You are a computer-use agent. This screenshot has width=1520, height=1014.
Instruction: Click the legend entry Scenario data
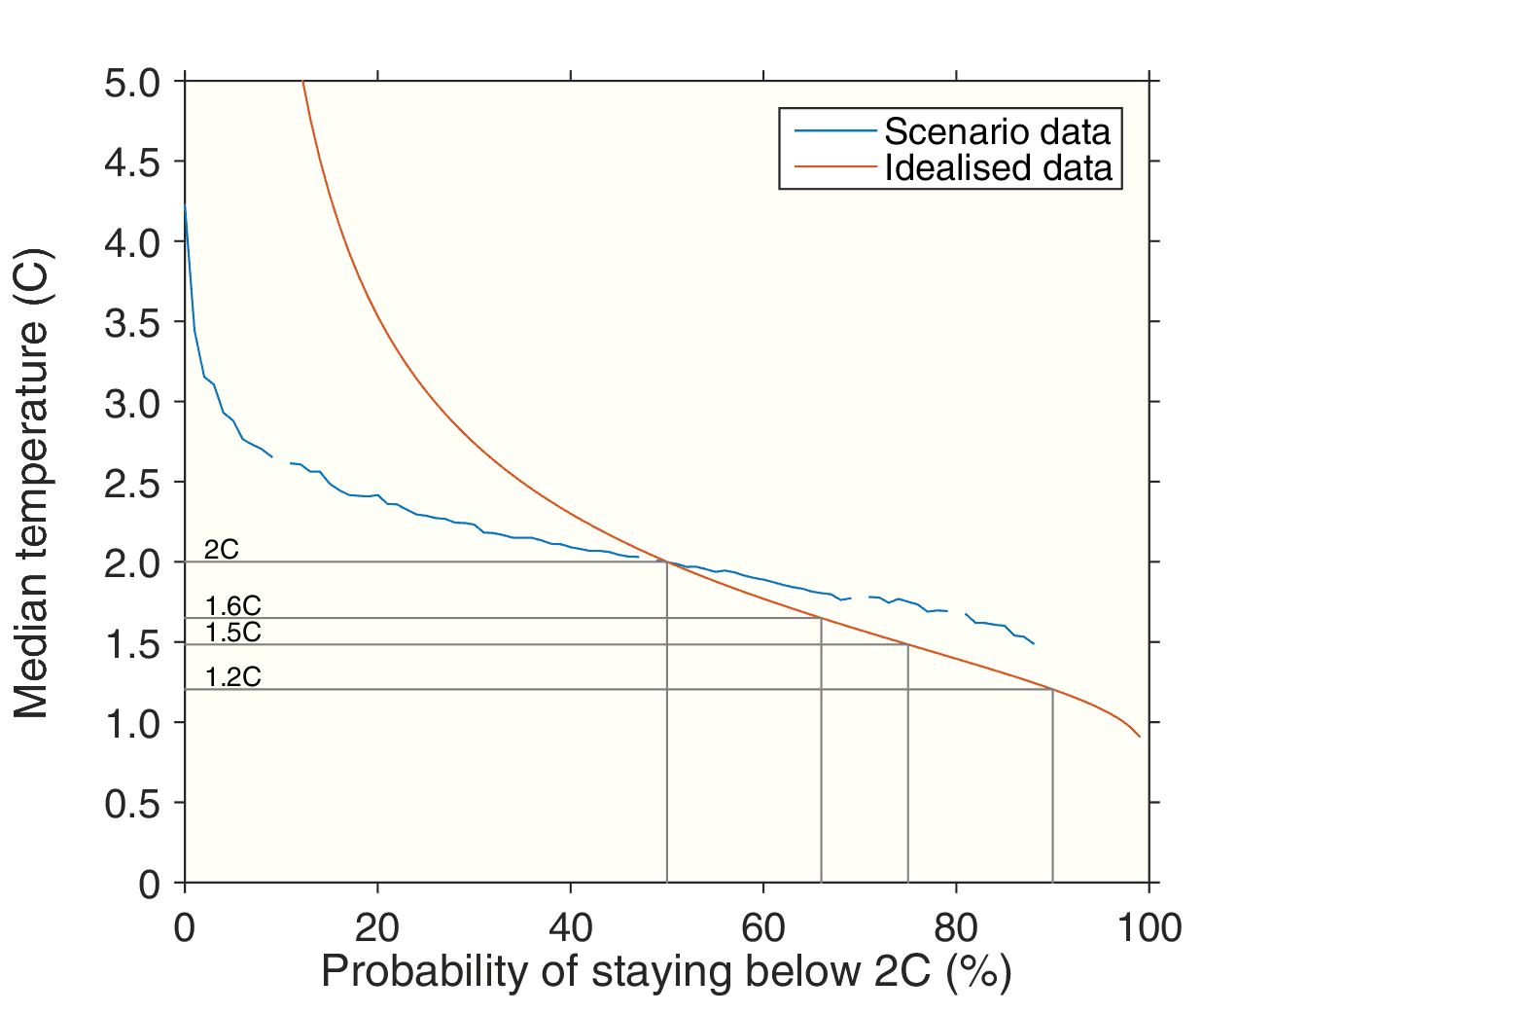click(x=997, y=131)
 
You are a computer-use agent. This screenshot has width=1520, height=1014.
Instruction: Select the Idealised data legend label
click(x=998, y=168)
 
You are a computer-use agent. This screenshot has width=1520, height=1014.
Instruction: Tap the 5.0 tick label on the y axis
click(x=132, y=83)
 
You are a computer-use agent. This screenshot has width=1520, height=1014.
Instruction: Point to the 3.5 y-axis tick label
click(x=132, y=323)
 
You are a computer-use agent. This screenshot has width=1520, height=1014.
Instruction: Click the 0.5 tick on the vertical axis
click(x=132, y=804)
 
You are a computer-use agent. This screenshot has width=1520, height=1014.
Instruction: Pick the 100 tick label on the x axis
click(x=1149, y=928)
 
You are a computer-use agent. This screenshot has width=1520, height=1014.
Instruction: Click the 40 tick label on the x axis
click(x=570, y=928)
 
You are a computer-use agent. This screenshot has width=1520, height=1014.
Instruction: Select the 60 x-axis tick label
click(x=763, y=928)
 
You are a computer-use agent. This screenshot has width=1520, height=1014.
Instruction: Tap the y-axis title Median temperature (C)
click(x=31, y=483)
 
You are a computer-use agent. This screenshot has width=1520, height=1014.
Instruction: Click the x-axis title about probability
click(x=666, y=972)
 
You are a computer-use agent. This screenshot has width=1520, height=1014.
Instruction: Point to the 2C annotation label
click(x=222, y=549)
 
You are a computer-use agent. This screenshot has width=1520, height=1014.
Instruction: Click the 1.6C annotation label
click(x=233, y=606)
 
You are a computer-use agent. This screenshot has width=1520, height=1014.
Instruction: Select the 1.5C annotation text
click(x=233, y=633)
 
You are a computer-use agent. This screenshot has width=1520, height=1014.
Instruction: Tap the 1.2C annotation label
click(x=233, y=677)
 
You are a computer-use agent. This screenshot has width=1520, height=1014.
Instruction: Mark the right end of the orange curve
click(x=1139, y=737)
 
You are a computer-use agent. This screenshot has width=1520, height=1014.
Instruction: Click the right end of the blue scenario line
click(x=1034, y=644)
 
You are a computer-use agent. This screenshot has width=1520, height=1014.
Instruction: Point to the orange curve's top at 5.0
click(x=303, y=82)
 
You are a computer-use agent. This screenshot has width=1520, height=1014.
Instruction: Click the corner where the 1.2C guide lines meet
click(x=1052, y=689)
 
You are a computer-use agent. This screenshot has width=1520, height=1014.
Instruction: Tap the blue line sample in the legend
click(x=834, y=131)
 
